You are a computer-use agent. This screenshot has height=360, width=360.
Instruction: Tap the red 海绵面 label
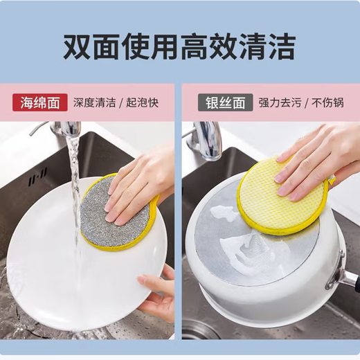point(39,103)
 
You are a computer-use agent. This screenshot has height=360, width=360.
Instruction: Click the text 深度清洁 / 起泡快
point(116,103)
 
